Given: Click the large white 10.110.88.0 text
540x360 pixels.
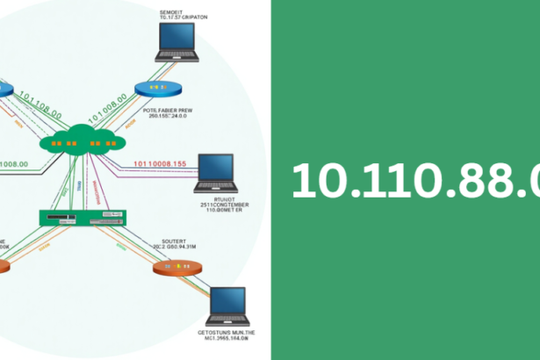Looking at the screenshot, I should pos(413,181).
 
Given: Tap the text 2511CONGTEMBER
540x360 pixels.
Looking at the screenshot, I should pos(223,205).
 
